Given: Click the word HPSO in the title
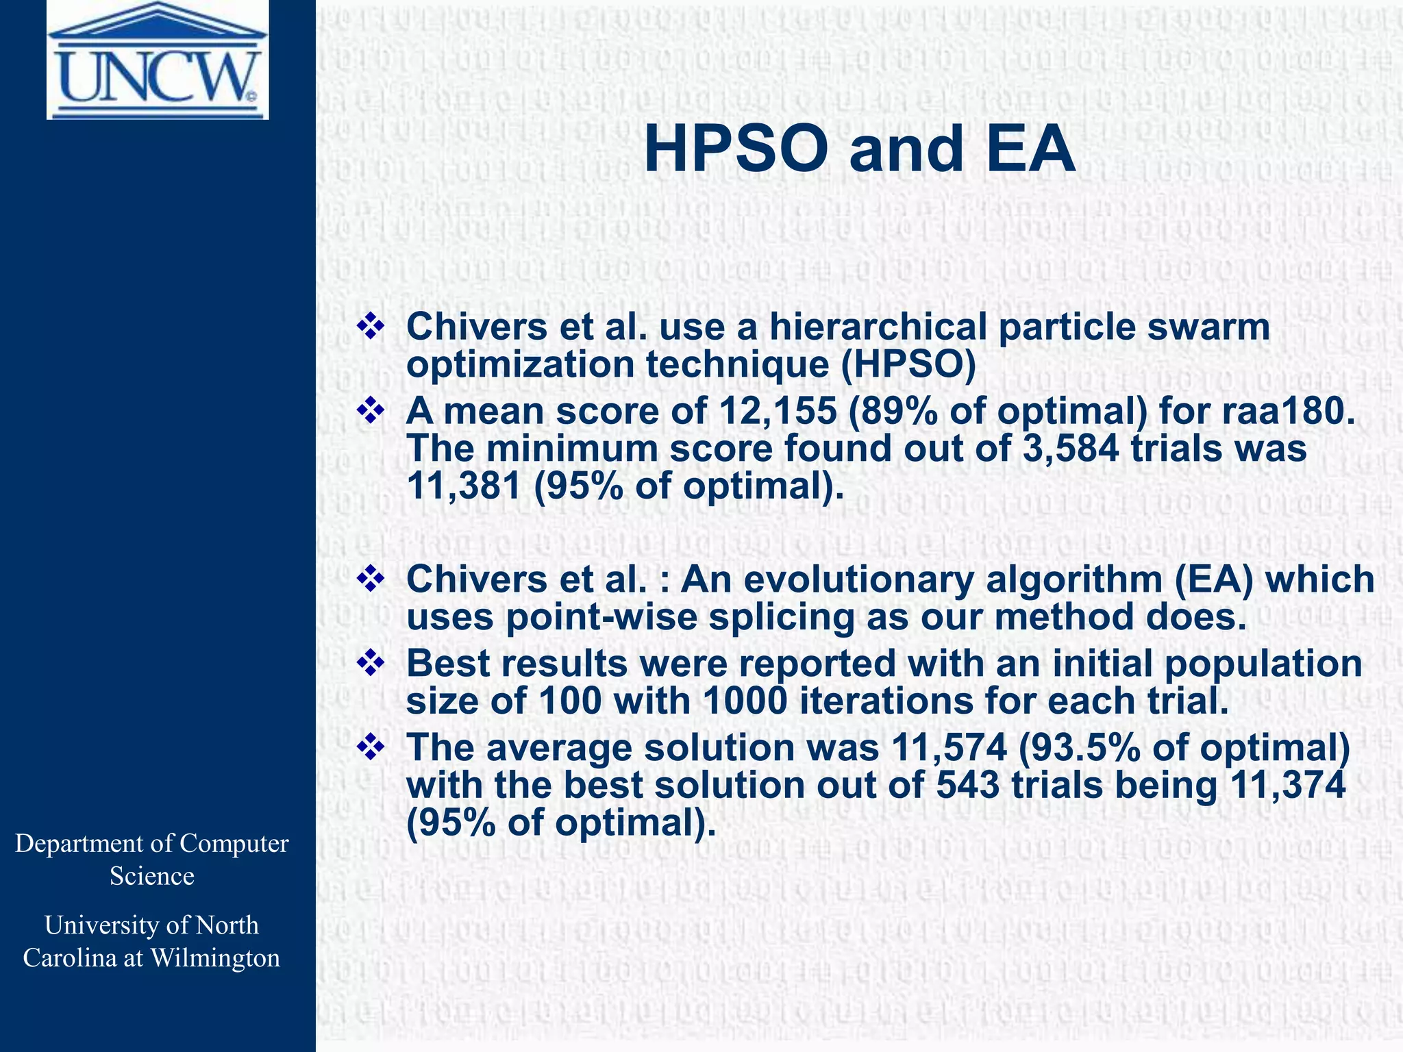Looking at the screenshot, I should coord(735,150).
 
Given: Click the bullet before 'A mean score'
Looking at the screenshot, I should coord(370,412).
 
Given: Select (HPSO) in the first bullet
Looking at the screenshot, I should coord(908,364).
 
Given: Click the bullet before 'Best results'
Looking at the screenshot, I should coord(370,664).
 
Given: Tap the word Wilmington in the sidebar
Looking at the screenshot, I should coord(214,958).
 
